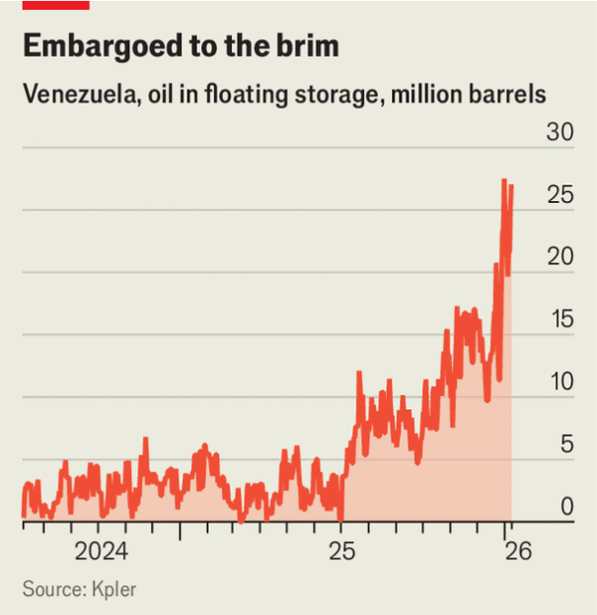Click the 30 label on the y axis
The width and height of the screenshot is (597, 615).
pos(560,132)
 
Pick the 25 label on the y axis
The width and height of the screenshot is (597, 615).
pos(560,195)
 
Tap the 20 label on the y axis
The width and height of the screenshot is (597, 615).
pos(560,257)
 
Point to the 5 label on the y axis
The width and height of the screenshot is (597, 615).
pos(566,445)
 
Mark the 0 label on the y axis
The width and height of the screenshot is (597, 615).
pos(566,507)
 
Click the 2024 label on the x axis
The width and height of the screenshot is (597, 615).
pos(101,551)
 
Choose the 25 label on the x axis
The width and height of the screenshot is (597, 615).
pos(341,551)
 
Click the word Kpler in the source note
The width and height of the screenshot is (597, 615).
pos(113,589)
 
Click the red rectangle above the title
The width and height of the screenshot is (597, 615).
pos(56,5)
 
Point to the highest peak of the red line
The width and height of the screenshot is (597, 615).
pos(504,180)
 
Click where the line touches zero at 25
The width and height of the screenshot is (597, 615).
pos(340,517)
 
